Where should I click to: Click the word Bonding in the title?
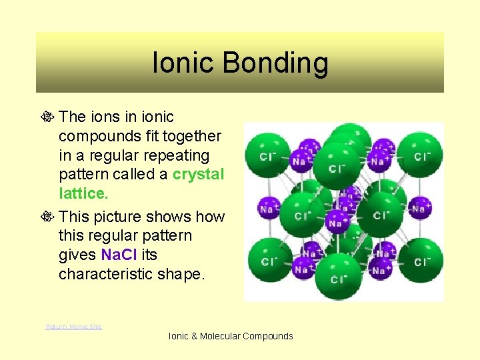(x=275, y=63)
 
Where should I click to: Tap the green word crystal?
(x=198, y=175)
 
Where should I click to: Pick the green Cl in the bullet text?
(x=129, y=255)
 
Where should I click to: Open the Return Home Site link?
(x=73, y=326)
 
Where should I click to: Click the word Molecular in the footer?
(x=220, y=336)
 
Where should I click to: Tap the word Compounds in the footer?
(x=268, y=336)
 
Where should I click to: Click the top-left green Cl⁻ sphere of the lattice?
(x=265, y=155)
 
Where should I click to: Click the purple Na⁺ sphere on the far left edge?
(x=269, y=208)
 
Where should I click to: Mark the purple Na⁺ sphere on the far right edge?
(x=419, y=208)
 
